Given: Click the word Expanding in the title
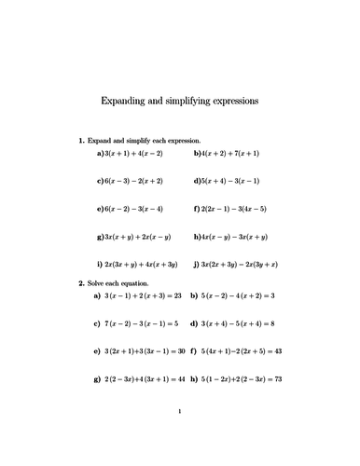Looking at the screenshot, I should (x=126, y=99).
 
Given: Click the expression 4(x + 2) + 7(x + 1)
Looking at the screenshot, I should (x=232, y=152).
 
